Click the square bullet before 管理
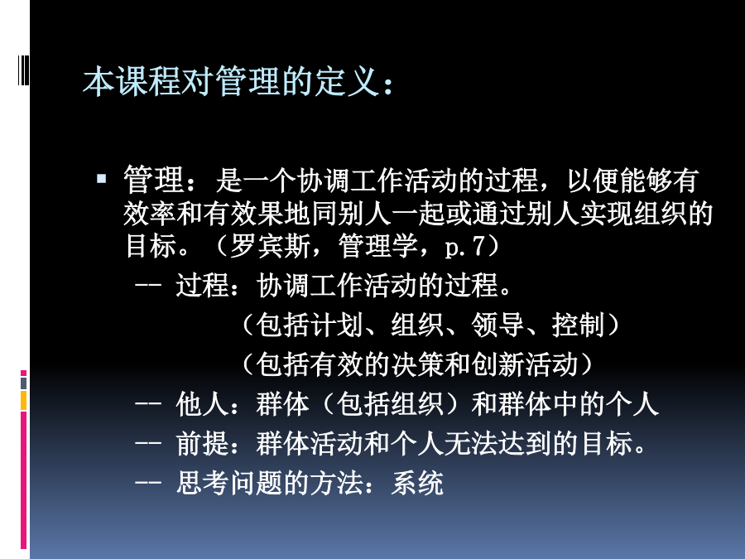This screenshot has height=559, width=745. pos(101,179)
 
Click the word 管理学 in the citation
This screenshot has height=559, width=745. pos(377,246)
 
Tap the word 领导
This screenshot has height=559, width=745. pos(497,325)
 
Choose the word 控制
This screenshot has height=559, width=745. pos(579,325)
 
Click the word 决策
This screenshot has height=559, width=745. pos(418,364)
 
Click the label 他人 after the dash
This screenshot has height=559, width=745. pos(203,404)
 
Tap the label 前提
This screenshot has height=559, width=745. pos(203,444)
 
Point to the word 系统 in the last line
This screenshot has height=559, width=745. pos(417,483)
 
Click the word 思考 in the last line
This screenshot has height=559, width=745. pos(203,483)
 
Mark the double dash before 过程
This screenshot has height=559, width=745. pos(148,285)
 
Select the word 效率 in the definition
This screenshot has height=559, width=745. pos(150,214)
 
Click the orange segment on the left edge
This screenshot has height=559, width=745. pos(23,400)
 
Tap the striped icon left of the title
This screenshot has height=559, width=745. pos(23,70)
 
